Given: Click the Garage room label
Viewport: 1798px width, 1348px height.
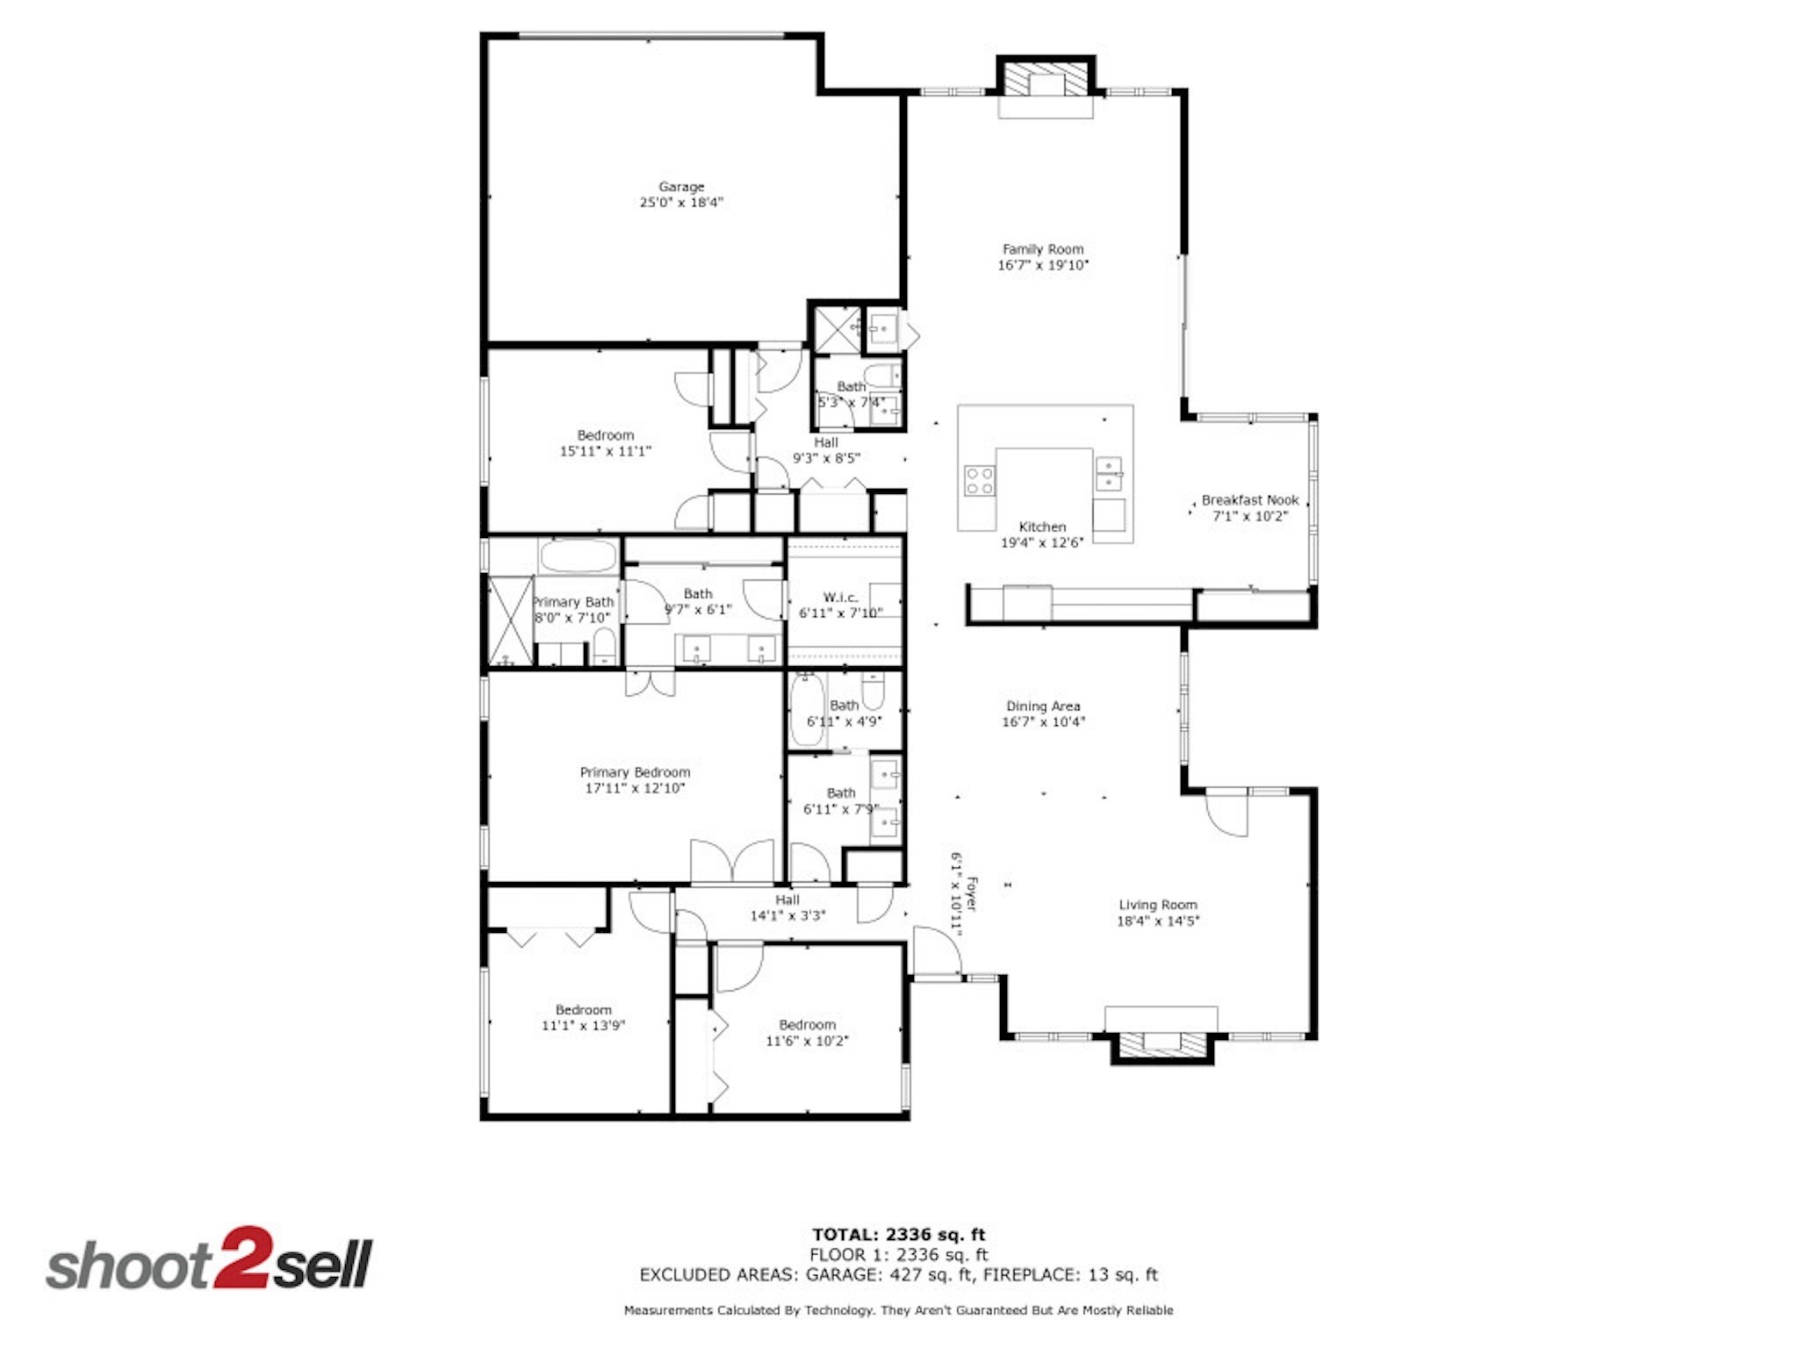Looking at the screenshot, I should [x=681, y=186].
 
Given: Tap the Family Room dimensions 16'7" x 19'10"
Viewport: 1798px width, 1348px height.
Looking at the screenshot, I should [x=1043, y=265].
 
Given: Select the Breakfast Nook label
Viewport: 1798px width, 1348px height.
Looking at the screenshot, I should [x=1249, y=499].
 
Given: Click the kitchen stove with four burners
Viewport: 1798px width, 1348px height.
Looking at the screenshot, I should [x=980, y=481].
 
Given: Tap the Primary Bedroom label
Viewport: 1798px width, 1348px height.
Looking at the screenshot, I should [x=635, y=772].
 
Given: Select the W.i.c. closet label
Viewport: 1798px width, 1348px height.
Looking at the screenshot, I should [x=840, y=597].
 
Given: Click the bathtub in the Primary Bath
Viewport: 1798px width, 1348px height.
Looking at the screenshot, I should [x=578, y=556].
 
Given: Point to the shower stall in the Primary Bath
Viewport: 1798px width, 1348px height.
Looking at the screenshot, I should [x=510, y=620].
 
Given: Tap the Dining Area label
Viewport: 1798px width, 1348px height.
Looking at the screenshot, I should [x=1043, y=706].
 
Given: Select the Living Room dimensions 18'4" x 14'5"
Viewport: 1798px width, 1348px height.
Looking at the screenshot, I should [x=1157, y=921].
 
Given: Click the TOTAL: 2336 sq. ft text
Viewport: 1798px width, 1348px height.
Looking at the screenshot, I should [x=898, y=1235].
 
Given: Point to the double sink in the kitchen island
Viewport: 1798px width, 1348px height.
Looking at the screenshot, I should [x=1110, y=473].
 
